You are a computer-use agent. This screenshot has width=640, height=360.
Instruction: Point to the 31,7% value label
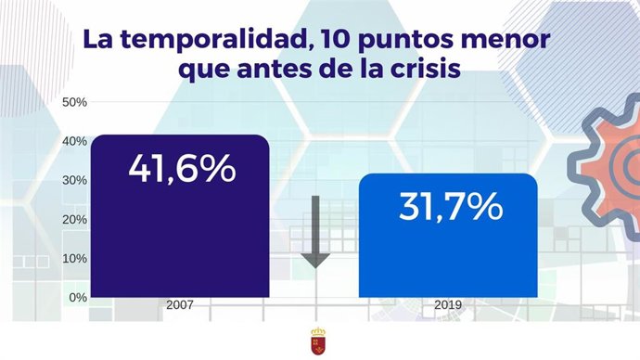[x=450, y=206]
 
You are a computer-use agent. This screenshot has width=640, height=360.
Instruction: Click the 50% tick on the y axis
[x=74, y=102]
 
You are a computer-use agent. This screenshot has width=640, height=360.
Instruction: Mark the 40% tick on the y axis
[x=74, y=141]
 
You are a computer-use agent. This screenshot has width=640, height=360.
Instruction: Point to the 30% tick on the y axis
[x=74, y=180]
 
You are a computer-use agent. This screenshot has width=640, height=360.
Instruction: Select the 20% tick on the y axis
[x=74, y=219]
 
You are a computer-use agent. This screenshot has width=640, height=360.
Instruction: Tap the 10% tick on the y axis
[x=74, y=258]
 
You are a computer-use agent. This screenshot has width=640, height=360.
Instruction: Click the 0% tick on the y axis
[x=77, y=297]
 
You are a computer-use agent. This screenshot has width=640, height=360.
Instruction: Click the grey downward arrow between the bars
[x=315, y=232]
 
